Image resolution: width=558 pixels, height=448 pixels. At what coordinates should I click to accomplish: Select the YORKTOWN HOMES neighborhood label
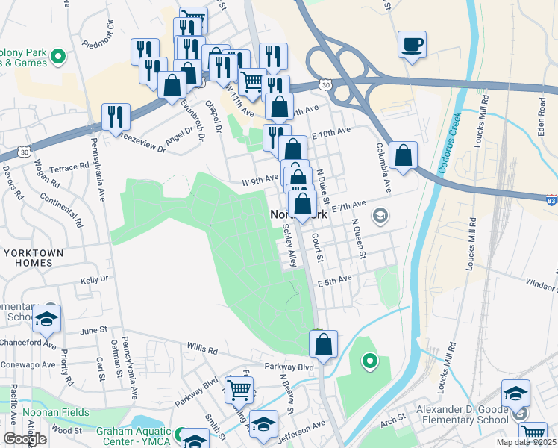tap(33, 259)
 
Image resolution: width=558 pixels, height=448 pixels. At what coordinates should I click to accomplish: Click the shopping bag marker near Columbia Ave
tap(403, 156)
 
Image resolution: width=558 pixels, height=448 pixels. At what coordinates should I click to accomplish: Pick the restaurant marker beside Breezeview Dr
tap(116, 117)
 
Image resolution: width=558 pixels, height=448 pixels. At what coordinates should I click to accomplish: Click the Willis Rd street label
tap(202, 349)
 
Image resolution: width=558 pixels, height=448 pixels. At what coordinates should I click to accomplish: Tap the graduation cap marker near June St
tap(46, 320)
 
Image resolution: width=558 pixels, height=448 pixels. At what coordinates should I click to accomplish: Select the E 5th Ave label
tap(333, 282)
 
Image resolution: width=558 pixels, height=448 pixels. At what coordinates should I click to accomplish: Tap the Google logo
tap(25, 438)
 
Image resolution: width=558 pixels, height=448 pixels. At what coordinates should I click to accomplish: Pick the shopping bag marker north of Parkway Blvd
tap(323, 344)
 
